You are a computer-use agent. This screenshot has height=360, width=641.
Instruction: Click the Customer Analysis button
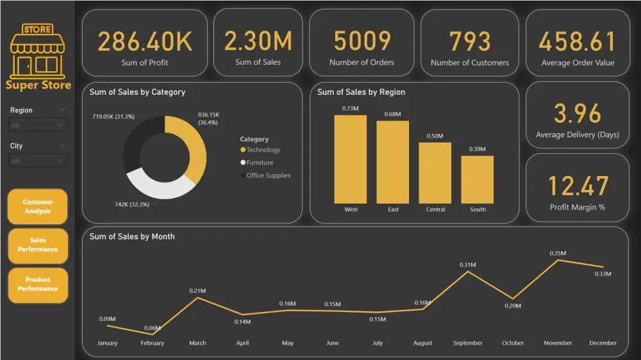coord(38,206)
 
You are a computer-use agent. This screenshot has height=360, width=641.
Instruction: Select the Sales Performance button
coord(38,245)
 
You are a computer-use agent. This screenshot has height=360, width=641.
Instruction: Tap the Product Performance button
coord(38,284)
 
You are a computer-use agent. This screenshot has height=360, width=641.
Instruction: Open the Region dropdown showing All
coord(38,126)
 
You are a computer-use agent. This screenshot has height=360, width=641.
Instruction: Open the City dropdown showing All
coord(38,161)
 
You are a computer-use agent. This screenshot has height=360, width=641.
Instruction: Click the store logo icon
coord(38,50)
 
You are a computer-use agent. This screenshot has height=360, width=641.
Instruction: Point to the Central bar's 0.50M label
coord(435,136)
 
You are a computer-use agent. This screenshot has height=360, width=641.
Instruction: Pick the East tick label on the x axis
coord(393,209)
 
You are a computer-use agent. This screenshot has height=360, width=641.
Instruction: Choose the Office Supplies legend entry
coord(268,176)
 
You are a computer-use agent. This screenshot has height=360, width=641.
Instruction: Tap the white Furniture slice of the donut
coord(160,185)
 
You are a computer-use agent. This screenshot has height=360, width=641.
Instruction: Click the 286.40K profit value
coord(145,42)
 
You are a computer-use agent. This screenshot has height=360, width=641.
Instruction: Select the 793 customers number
coord(470,42)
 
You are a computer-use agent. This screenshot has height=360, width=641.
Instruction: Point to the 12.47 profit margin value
coord(578,186)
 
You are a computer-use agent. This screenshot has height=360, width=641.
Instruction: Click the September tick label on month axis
coord(467,343)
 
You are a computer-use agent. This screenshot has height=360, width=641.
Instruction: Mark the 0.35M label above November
coord(558,254)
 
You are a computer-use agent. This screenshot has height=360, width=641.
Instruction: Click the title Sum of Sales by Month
coord(132,236)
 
